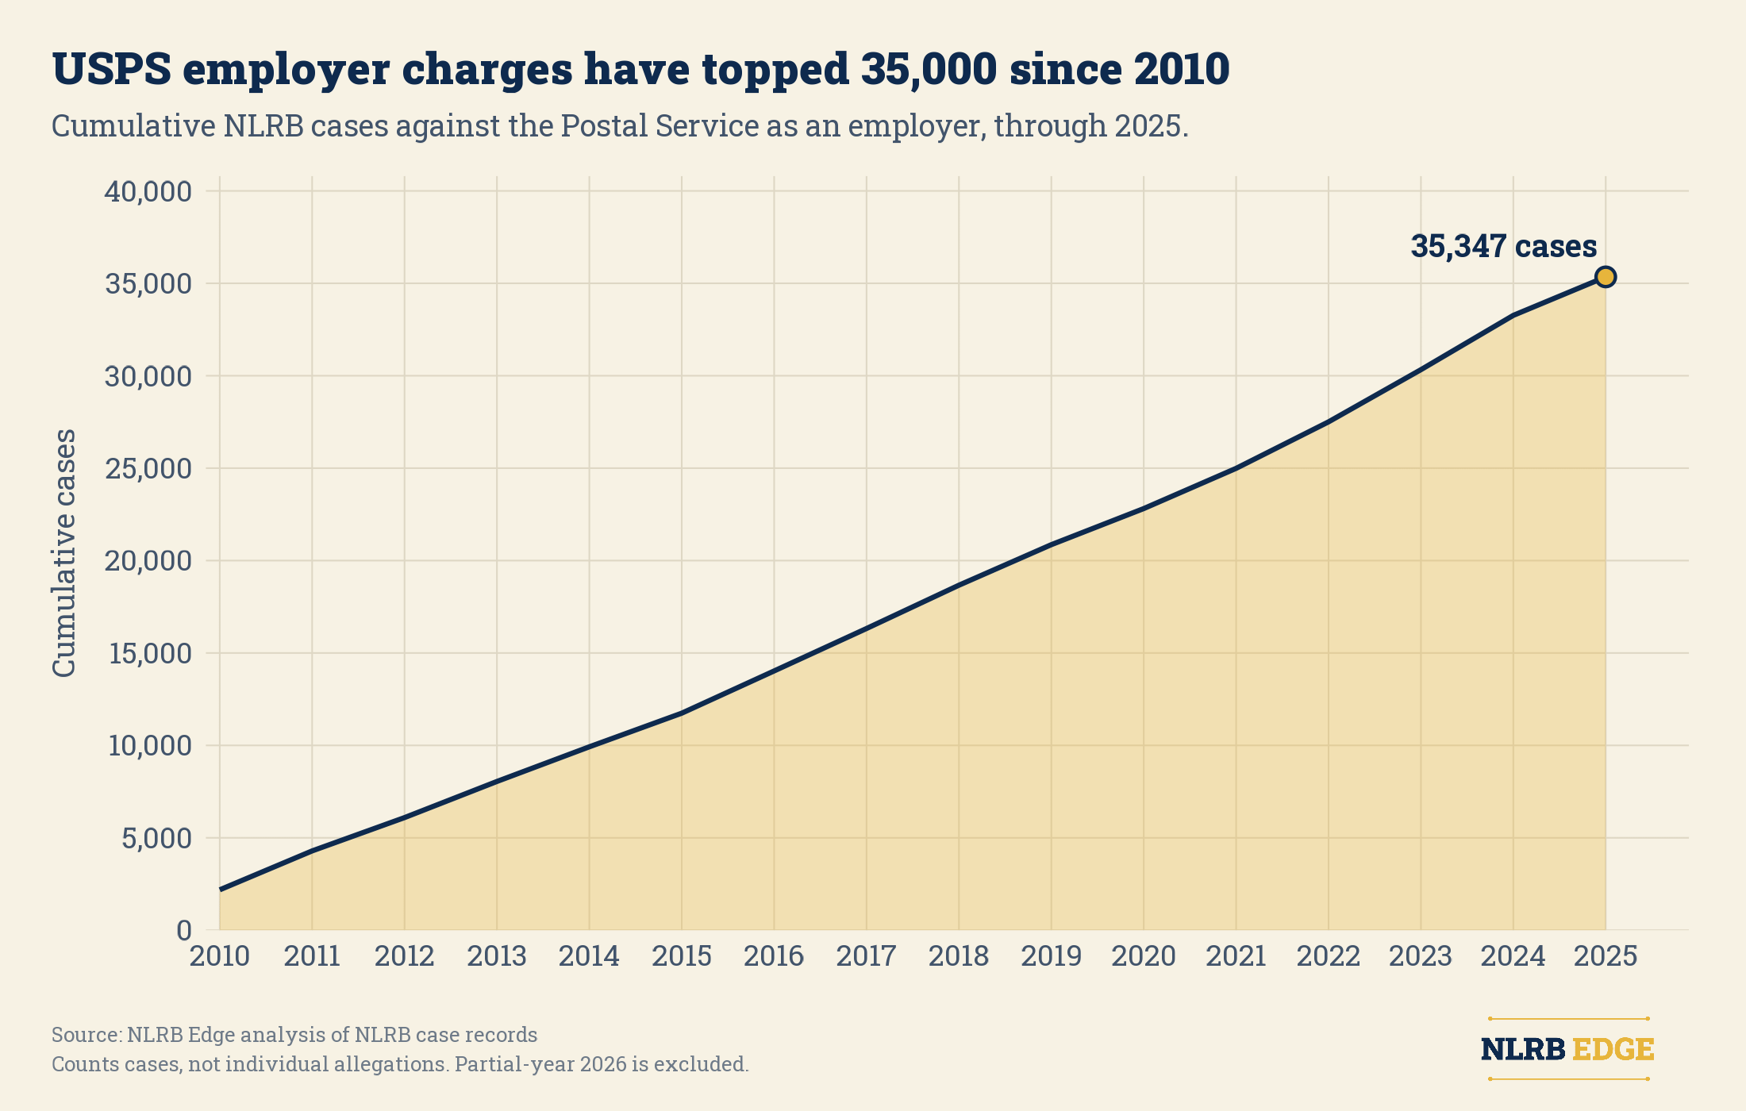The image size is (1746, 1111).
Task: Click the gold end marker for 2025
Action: (1606, 277)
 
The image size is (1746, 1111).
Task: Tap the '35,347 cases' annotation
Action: (1504, 246)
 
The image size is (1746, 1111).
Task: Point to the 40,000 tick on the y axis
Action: (148, 191)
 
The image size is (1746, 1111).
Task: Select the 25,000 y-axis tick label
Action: (148, 468)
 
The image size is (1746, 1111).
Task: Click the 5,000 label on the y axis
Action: (156, 838)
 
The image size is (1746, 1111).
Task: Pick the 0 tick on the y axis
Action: (184, 930)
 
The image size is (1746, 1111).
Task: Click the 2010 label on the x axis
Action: (220, 956)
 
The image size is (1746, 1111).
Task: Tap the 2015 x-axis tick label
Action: (682, 956)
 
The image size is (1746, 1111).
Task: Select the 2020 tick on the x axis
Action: (1144, 956)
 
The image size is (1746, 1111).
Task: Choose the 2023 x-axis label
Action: (1421, 956)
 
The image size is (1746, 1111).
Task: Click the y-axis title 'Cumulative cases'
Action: (64, 553)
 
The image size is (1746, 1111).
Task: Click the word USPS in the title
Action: (111, 69)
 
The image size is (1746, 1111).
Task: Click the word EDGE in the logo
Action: (1613, 1049)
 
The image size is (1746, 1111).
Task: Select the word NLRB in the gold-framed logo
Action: (1523, 1049)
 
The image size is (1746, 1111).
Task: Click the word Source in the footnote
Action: (86, 1035)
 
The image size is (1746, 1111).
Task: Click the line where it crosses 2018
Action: (959, 586)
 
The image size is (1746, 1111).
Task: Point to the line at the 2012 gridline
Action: (405, 817)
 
